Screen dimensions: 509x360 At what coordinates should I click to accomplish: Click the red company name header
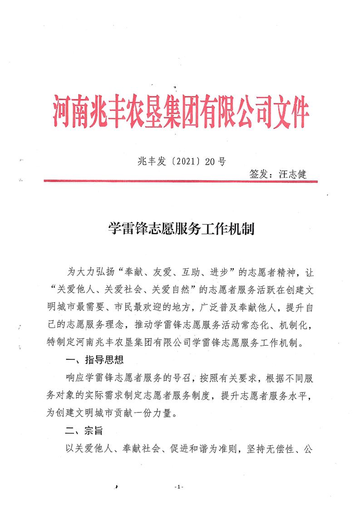(181, 109)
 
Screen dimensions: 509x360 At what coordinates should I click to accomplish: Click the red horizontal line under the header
(181, 181)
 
